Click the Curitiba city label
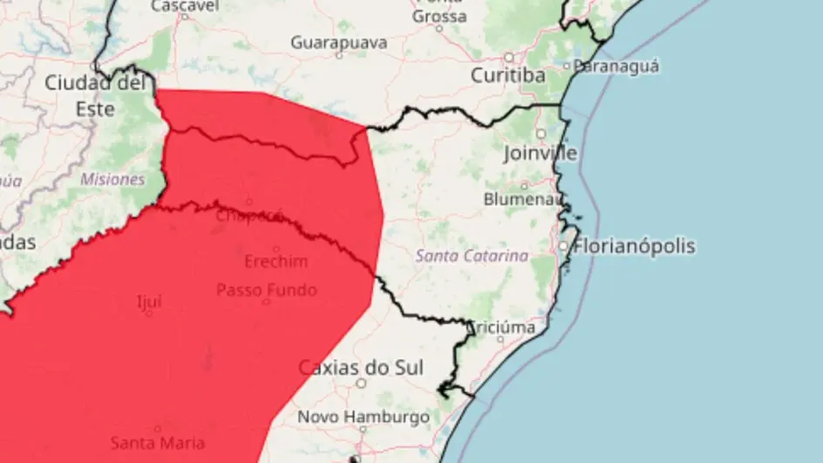[508, 76]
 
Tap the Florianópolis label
[636, 246]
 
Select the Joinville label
[541, 153]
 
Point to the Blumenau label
[522, 199]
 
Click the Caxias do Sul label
[361, 367]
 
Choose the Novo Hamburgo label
[364, 417]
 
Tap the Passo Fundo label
[266, 289]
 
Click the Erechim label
[275, 262]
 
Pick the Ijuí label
[149, 302]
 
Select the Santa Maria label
[158, 443]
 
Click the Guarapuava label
[340, 41]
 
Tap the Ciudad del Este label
[92, 96]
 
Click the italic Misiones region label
[112, 179]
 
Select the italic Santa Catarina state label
[472, 256]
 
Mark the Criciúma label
[503, 328]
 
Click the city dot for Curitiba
[509, 57]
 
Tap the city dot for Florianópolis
[564, 247]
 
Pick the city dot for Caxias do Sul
[361, 383]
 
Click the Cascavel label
[185, 6]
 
